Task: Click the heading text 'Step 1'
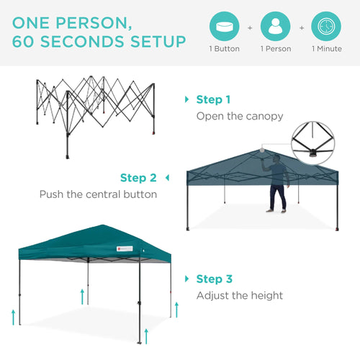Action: (x=214, y=100)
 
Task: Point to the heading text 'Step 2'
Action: (x=138, y=178)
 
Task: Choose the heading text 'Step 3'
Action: (x=214, y=279)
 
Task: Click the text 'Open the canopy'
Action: (x=240, y=116)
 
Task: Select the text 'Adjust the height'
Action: (x=240, y=295)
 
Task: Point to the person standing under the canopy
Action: (x=277, y=185)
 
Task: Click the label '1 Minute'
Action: (x=327, y=49)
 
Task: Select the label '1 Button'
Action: (x=224, y=49)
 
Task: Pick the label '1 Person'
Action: (x=275, y=49)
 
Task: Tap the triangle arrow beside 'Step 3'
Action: (x=187, y=279)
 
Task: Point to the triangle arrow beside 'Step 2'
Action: (x=167, y=177)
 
